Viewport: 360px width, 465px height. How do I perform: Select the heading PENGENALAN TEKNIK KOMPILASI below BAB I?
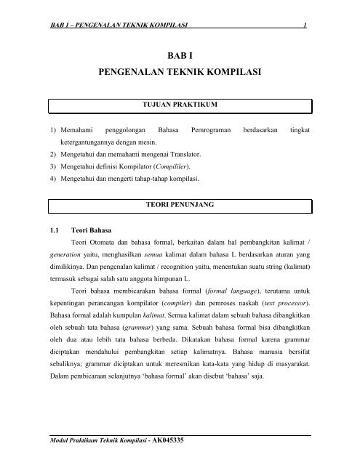coord(180,73)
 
